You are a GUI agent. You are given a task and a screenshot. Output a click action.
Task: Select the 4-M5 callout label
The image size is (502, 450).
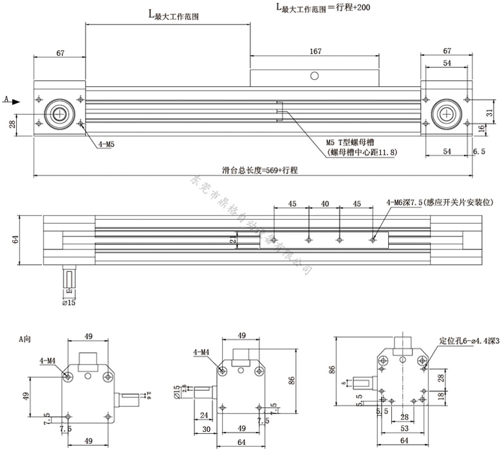pyautogui.click(x=106, y=145)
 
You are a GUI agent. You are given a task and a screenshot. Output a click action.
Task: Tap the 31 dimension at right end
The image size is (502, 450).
pyautogui.click(x=489, y=113)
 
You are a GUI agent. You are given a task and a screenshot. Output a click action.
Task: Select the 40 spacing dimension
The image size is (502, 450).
pyautogui.click(x=325, y=203)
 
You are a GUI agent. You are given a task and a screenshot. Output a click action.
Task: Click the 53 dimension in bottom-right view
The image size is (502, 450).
pyautogui.click(x=405, y=428)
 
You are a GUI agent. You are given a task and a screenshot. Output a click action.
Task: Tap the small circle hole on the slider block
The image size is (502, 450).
pyautogui.click(x=314, y=76)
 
